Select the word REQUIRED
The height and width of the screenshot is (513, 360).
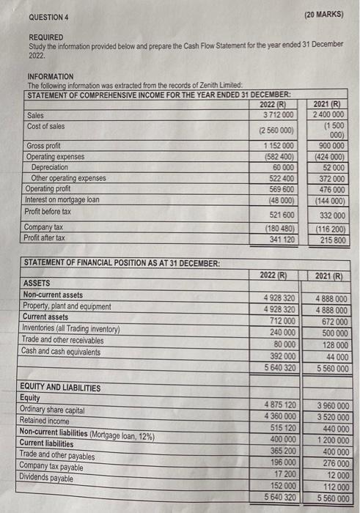[x=45, y=37]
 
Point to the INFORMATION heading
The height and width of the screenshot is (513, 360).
[x=51, y=76]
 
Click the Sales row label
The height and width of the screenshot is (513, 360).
[x=35, y=115]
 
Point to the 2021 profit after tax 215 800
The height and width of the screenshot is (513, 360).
[x=331, y=238]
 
